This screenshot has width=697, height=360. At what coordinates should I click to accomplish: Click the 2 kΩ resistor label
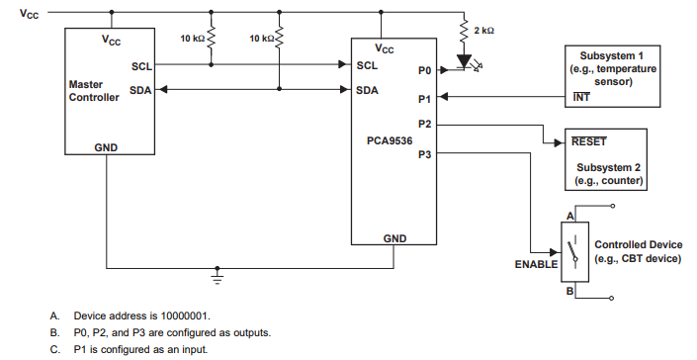483,32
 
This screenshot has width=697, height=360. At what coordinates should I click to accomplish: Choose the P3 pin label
425,153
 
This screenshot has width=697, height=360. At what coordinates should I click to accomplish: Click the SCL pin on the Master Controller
140,65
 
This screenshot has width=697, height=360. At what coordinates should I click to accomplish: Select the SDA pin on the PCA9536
368,89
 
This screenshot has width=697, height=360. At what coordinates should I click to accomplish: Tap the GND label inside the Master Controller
107,145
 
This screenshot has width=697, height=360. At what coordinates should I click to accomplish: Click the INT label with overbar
582,97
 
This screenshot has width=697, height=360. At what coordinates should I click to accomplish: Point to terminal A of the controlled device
569,215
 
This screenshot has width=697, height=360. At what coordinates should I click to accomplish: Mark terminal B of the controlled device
569,291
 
